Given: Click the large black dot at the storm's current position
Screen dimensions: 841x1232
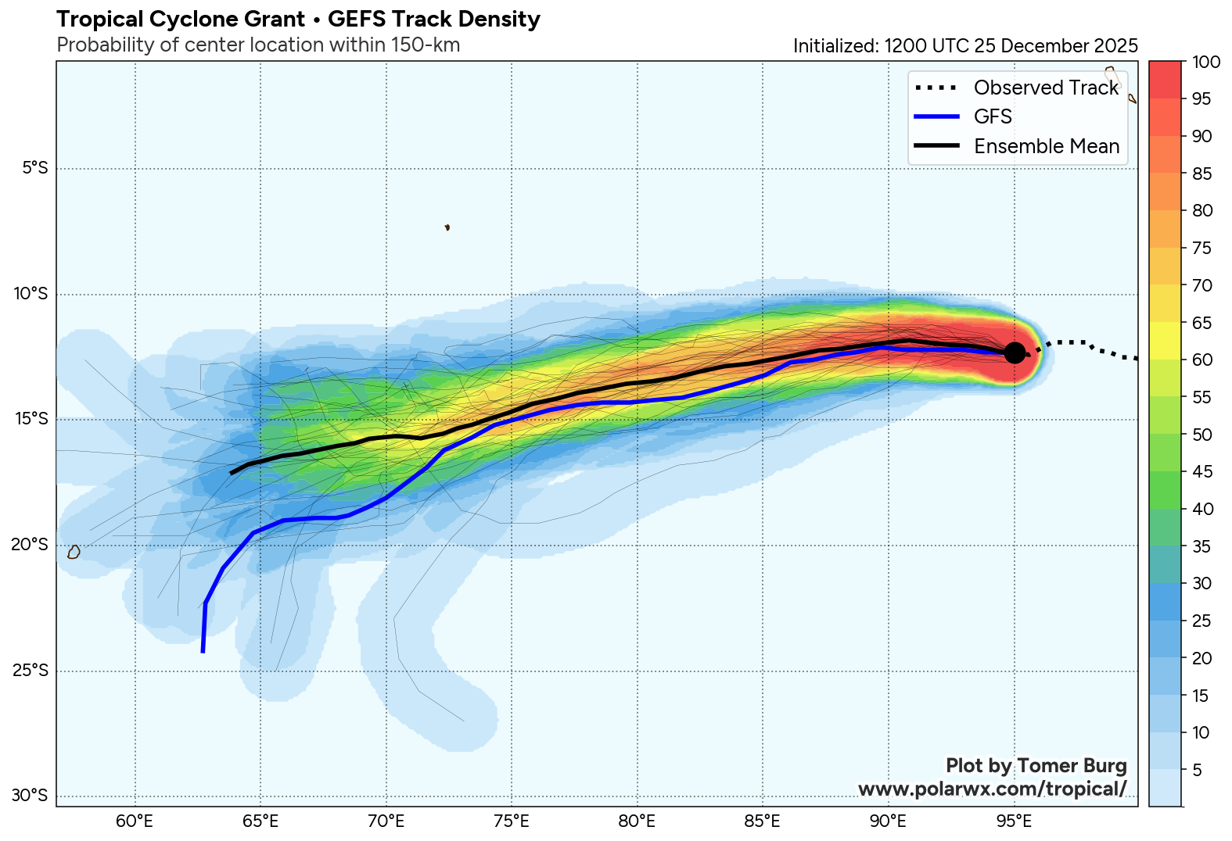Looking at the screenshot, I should coord(1015,353).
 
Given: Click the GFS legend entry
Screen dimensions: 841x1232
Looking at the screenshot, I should coord(993,116).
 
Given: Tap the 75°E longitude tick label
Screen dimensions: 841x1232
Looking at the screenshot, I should coord(512,821).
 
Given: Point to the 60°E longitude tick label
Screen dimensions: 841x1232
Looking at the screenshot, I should coord(135,821).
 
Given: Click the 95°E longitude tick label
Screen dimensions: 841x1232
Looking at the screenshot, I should coord(1014,821).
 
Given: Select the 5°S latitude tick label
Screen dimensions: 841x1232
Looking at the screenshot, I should coord(34,168).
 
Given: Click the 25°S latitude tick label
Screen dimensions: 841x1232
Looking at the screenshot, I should coord(31,671).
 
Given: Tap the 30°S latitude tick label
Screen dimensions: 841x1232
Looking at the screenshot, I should coord(31,796).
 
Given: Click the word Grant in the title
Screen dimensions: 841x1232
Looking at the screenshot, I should coord(275,20).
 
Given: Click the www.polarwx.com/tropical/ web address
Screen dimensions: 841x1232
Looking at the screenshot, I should coord(992,789).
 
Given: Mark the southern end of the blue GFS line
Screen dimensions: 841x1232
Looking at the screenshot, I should coord(203,651).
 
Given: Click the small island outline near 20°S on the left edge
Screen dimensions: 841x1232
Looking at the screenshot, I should coord(74,552).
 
